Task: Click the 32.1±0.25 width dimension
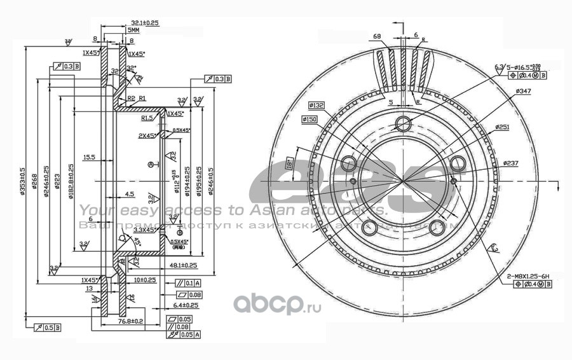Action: click(x=146, y=22)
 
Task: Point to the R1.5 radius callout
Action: click(x=147, y=118)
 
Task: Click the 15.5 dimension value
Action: click(x=89, y=156)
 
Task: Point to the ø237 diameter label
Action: click(x=511, y=163)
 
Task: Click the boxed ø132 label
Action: click(x=317, y=104)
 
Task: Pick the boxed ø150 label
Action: click(x=310, y=119)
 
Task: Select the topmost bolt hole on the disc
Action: click(x=403, y=123)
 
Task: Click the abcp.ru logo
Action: click(x=278, y=305)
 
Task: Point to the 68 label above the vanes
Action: click(x=377, y=36)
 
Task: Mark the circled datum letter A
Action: click(x=151, y=165)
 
